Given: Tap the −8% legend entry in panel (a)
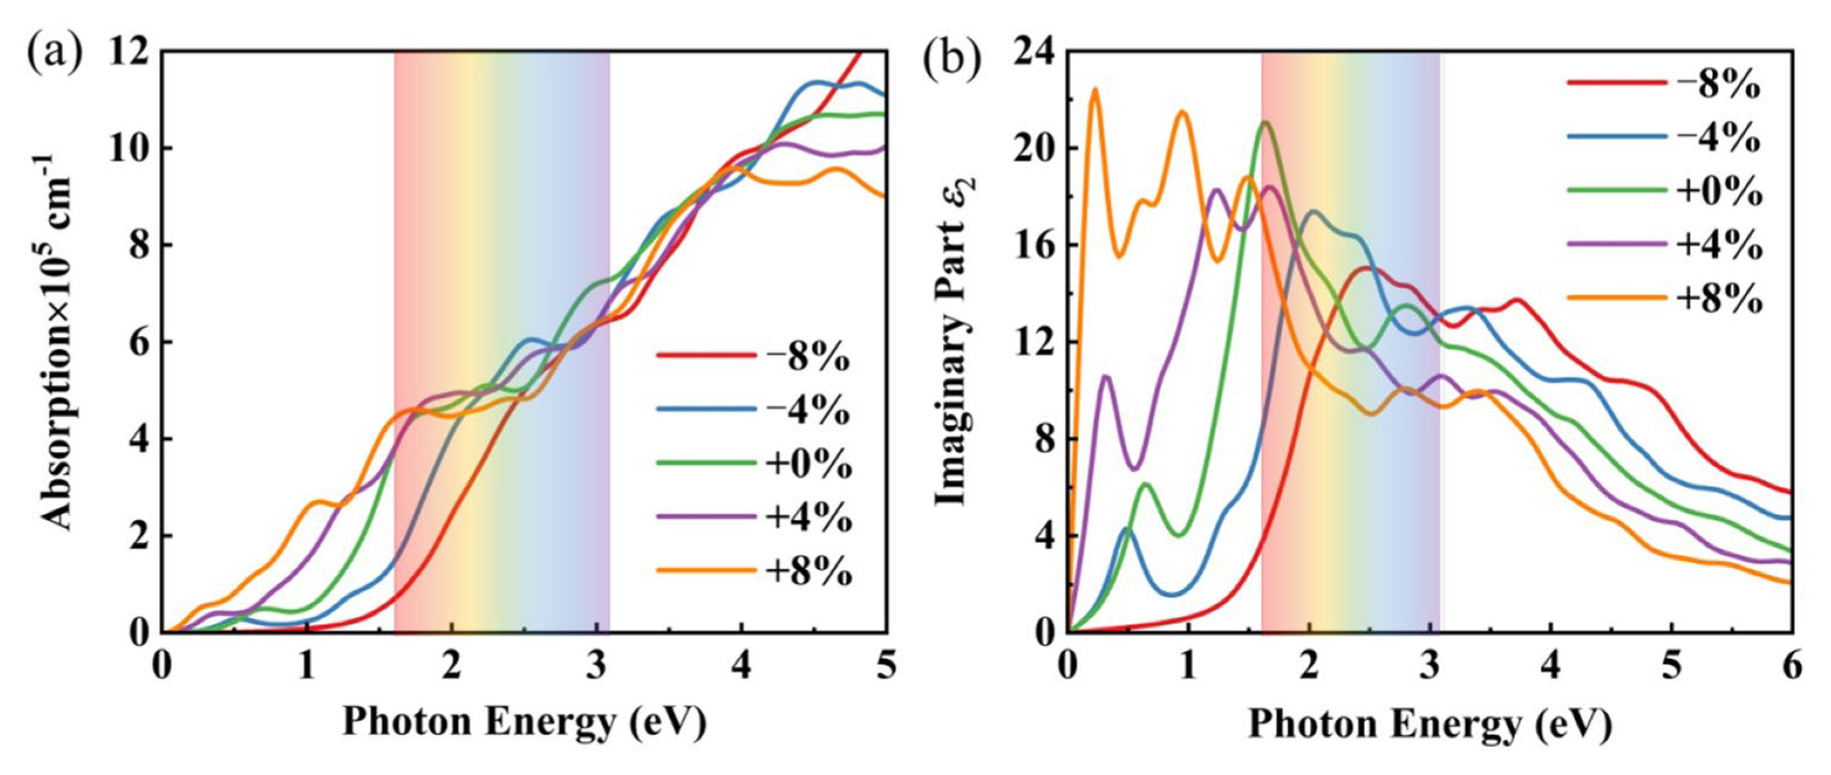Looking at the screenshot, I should pyautogui.click(x=753, y=357).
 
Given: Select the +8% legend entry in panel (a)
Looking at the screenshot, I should pyautogui.click(x=753, y=570).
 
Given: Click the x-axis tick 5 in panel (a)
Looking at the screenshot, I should pyautogui.click(x=885, y=668).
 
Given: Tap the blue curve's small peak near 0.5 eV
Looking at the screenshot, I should pyautogui.click(x=1127, y=529).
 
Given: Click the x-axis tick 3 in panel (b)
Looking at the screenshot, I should pyautogui.click(x=1430, y=668).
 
